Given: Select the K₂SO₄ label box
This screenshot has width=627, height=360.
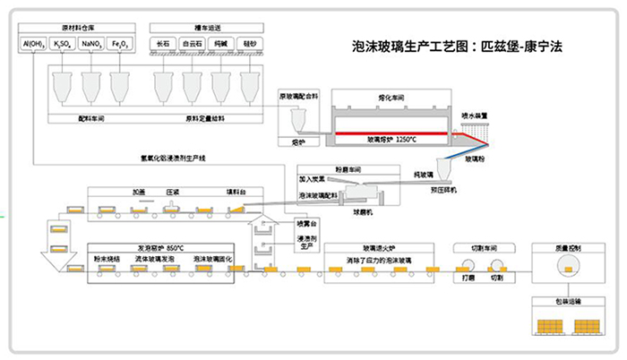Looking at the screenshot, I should pyautogui.click(x=64, y=43).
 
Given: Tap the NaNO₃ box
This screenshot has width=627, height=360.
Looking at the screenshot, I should pyautogui.click(x=91, y=43).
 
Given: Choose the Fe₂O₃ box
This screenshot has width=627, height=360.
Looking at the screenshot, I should pyautogui.click(x=119, y=43).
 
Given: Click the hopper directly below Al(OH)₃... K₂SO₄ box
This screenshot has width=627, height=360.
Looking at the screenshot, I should pyautogui.click(x=64, y=86).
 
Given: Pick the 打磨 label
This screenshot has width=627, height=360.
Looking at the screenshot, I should pyautogui.click(x=468, y=278).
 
